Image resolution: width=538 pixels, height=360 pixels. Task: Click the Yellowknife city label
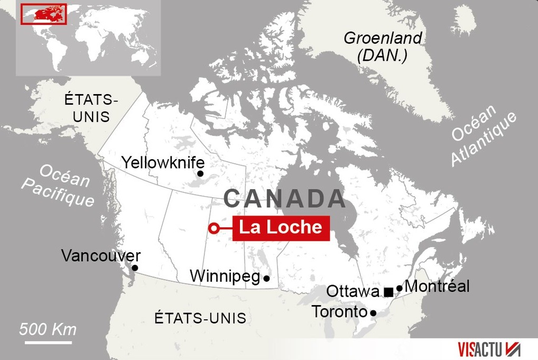pos(163,162)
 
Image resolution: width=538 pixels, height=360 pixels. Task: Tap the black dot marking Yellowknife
pos(200,173)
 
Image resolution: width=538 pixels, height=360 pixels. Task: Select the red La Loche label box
pos(281,227)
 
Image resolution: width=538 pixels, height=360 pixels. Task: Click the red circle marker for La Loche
pos(214,228)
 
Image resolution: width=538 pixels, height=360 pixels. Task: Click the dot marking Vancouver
pos(135,268)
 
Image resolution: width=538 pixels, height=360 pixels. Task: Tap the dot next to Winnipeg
pos(266,278)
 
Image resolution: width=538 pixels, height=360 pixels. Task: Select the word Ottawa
pos(353,292)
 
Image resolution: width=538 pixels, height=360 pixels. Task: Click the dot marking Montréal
pos(400,288)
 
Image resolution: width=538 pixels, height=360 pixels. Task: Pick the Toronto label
pos(339,312)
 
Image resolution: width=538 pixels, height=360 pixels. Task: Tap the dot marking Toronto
pos(373,313)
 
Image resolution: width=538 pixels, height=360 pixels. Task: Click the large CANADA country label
pos(284,199)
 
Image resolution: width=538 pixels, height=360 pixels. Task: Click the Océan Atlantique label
pos(483,136)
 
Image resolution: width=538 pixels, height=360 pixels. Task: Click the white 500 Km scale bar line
pos(48,343)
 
